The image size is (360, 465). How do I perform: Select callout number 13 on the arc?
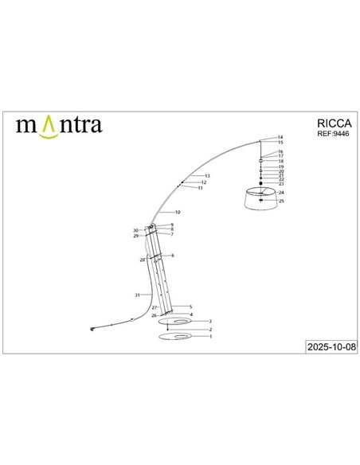coord(207,175)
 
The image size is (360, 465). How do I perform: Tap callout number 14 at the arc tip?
coord(280,137)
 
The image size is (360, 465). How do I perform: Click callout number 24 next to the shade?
coord(281,193)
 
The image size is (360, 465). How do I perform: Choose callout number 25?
coord(281,201)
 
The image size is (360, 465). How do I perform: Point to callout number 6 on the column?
coord(173,255)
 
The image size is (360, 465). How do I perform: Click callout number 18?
coord(281,161)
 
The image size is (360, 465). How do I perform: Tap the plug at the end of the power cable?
coord(93,327)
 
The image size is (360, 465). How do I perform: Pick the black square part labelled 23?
coord(261,183)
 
